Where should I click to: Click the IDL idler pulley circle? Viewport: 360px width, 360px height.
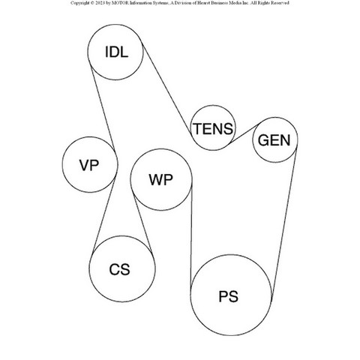[x=115, y=25]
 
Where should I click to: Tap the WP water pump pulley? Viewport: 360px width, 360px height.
[x=161, y=149]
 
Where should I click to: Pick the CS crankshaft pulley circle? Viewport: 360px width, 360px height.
[x=122, y=236]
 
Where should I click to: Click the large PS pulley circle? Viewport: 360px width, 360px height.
[x=231, y=255]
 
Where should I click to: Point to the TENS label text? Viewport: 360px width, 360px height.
[x=213, y=129]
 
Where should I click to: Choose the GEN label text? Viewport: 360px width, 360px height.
[x=274, y=140]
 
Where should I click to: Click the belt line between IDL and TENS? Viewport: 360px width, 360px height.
[x=166, y=90]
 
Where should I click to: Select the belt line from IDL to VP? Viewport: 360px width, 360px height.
[x=103, y=109]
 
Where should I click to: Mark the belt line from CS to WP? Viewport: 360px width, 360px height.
[x=143, y=223]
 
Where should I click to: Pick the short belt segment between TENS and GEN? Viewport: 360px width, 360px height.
[x=244, y=133]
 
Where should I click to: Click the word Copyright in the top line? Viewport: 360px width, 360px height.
[x=79, y=3]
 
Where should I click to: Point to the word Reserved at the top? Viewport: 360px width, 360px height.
[x=280, y=3]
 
